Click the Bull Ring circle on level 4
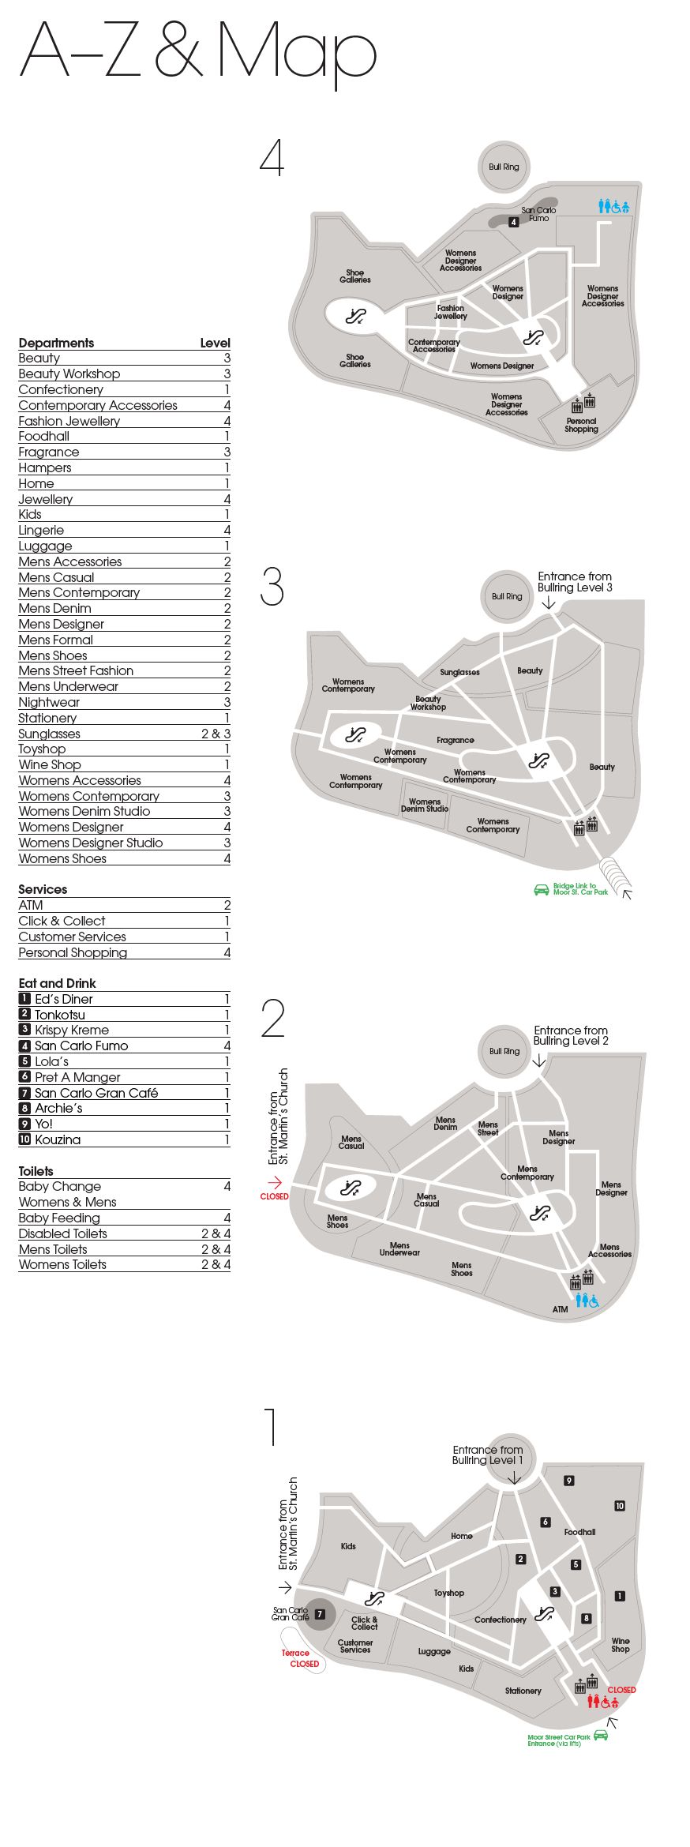[504, 167]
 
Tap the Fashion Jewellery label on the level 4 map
[451, 312]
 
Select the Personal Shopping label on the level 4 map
[581, 425]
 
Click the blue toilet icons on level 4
[613, 206]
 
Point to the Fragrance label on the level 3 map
[456, 740]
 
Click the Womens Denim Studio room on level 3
[425, 805]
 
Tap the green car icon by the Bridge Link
[542, 889]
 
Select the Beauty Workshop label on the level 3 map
[428, 703]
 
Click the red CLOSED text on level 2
[275, 1196]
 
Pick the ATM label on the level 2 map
[560, 1309]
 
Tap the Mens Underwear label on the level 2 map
[399, 1249]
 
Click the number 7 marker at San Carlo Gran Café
[320, 1614]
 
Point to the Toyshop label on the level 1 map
[448, 1593]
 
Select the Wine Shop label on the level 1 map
[621, 1645]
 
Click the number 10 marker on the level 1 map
[620, 1506]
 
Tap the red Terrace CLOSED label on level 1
[301, 1658]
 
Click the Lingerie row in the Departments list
[124, 530]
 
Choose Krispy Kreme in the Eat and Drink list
[124, 1030]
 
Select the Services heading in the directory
[43, 889]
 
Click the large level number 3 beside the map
[272, 587]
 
